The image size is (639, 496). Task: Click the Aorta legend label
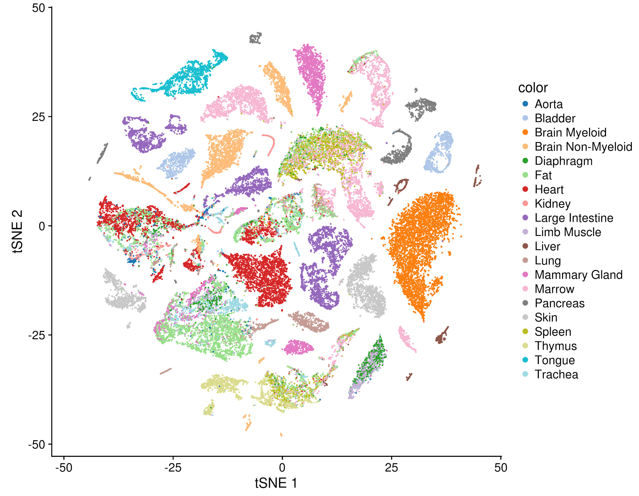(549, 104)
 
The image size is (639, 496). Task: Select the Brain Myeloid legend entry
(570, 132)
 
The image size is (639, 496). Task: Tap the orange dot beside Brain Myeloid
(525, 132)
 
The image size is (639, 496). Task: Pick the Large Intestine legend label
(574, 218)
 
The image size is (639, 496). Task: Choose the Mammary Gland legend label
(578, 275)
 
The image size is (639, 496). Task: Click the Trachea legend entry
(556, 374)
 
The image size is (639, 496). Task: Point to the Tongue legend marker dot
(525, 360)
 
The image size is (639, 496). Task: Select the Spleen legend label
(553, 332)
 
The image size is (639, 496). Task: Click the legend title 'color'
(533, 88)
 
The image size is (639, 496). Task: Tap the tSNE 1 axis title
(276, 483)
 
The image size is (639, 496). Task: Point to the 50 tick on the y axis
(38, 8)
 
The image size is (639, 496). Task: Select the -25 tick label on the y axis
(37, 335)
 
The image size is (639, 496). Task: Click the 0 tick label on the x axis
(282, 468)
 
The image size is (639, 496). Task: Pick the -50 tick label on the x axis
(64, 468)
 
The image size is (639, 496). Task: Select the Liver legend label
(547, 246)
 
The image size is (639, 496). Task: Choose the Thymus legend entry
(556, 346)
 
